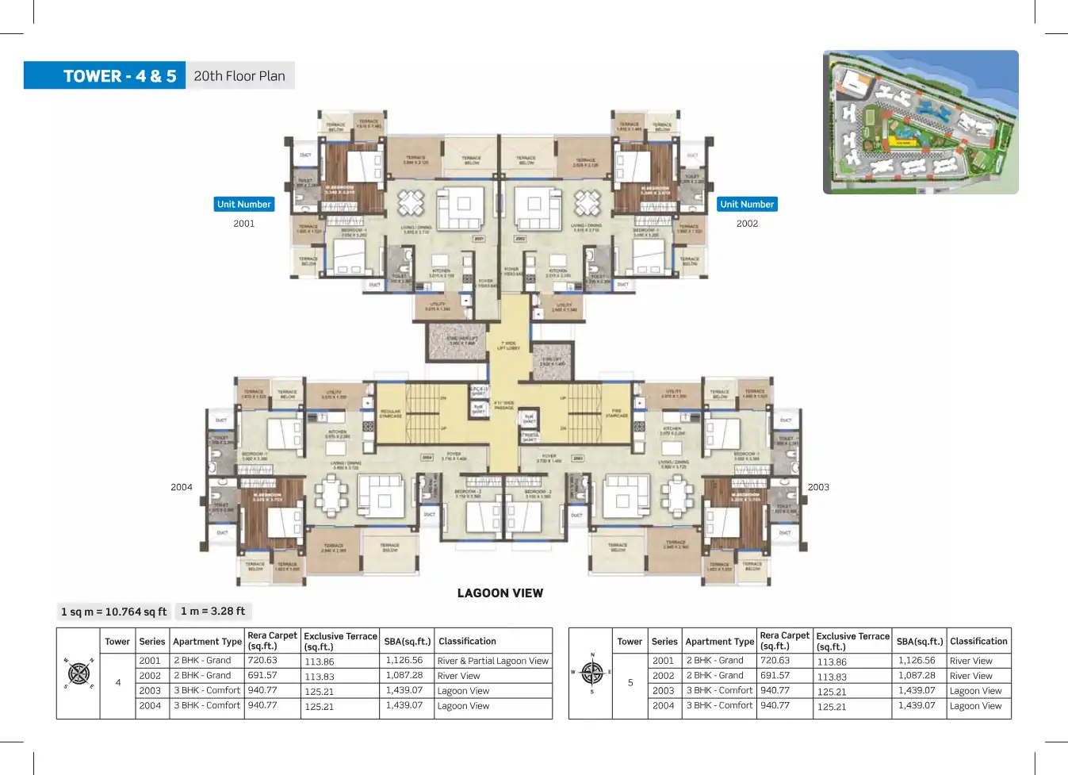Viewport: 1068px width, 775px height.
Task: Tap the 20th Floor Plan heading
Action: pos(239,76)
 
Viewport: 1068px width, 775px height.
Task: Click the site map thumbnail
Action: pos(921,122)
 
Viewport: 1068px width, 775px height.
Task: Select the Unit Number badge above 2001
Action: pos(244,205)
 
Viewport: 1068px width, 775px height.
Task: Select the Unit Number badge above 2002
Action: pos(747,205)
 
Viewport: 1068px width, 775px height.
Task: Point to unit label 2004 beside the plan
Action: pos(182,488)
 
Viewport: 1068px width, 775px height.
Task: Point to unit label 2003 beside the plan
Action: pos(818,488)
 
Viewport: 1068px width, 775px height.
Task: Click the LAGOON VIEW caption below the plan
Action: pos(500,593)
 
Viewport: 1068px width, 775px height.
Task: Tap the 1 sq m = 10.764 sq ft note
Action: pos(114,612)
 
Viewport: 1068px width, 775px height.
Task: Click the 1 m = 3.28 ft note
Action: pos(212,611)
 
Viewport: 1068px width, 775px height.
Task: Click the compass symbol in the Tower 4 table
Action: pos(78,673)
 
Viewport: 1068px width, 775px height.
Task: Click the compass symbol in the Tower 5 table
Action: pos(591,673)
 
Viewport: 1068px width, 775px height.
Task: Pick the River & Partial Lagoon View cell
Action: pos(492,661)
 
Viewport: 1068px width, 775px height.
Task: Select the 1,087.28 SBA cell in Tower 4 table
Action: pos(404,676)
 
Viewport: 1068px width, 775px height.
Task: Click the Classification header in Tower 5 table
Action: pos(978,641)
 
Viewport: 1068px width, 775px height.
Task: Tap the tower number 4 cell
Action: pos(118,683)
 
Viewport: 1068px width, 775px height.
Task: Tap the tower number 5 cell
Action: pos(630,683)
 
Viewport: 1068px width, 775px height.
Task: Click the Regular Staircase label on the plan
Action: pos(391,413)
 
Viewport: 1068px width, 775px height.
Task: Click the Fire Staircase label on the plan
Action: pos(617,413)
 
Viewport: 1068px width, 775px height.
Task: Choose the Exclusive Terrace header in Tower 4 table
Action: pos(340,641)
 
